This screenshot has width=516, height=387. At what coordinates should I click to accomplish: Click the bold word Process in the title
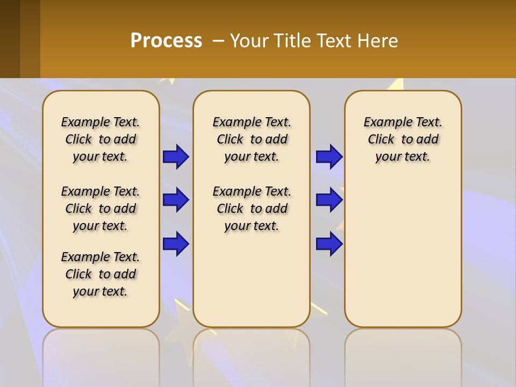(166, 41)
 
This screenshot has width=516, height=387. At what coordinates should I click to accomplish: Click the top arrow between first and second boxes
(176, 157)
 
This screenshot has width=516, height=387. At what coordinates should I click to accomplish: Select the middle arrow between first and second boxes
(176, 200)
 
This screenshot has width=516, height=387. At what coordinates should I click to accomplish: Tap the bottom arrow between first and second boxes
(176, 244)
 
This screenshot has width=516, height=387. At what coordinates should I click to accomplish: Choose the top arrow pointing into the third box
(329, 157)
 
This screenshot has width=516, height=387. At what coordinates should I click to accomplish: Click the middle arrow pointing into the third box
(329, 200)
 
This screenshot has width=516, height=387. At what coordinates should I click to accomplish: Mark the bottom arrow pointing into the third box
(329, 244)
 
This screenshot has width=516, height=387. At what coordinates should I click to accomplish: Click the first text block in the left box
(101, 139)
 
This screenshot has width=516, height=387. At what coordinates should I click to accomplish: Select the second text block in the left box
(101, 209)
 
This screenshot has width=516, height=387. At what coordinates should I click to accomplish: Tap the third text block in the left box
(101, 274)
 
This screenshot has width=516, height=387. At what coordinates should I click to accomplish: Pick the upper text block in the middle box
(252, 139)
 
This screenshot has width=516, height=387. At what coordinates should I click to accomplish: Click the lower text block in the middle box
(252, 209)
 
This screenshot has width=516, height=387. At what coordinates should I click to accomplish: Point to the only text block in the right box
(403, 139)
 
